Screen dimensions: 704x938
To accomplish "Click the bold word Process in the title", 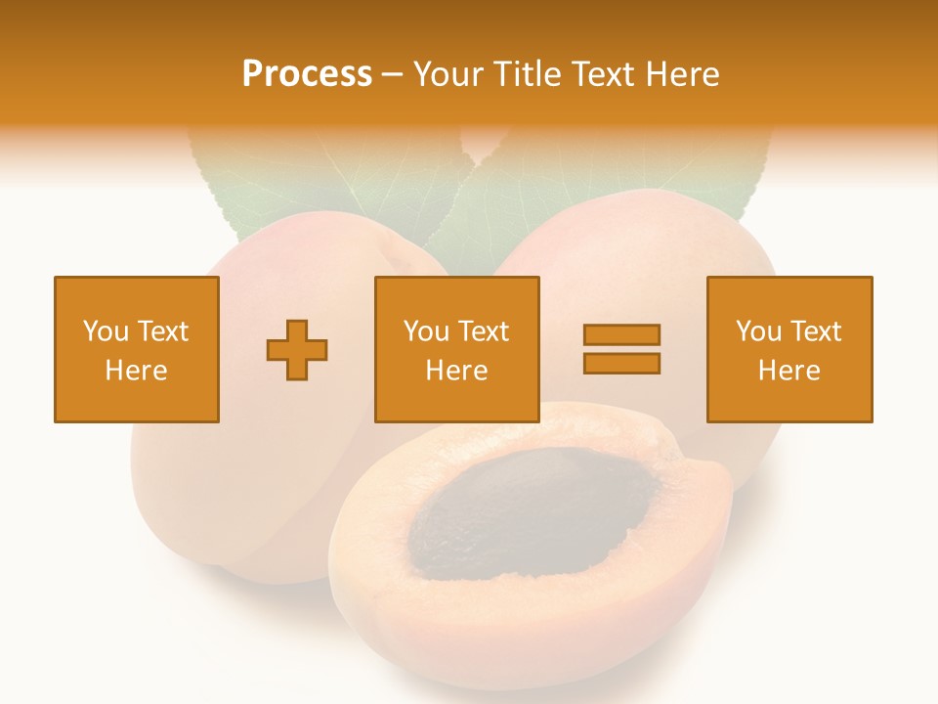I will pyautogui.click(x=307, y=73).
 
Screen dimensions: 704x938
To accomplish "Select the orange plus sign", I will pyautogui.click(x=297, y=349).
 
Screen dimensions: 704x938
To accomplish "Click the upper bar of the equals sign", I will pyautogui.click(x=621, y=334).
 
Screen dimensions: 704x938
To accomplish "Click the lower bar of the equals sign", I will pyautogui.click(x=621, y=364).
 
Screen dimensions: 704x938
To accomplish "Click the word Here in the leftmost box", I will pyautogui.click(x=137, y=371).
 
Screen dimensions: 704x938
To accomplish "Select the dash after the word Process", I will pyautogui.click(x=392, y=75).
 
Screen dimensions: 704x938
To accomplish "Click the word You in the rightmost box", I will pyautogui.click(x=758, y=331).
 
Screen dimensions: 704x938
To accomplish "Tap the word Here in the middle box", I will pyautogui.click(x=456, y=371).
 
